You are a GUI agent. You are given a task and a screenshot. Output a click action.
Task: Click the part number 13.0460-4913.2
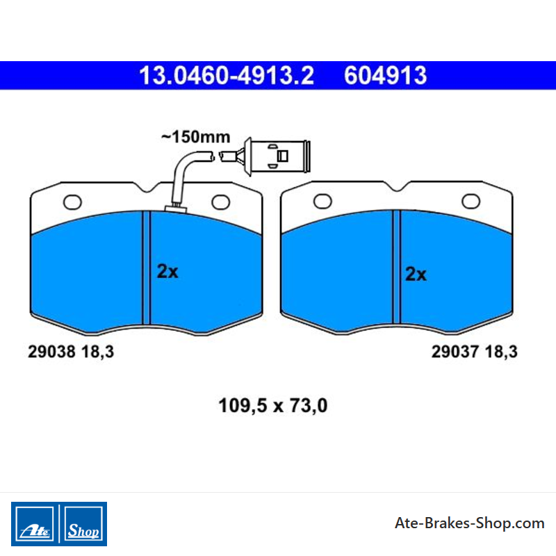(227, 75)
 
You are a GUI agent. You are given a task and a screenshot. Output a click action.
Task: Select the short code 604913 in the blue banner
(386, 75)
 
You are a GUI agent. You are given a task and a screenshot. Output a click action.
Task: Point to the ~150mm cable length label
(195, 137)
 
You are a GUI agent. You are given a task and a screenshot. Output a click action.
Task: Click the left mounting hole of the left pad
(72, 202)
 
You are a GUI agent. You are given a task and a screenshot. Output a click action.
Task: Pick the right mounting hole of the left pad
(220, 202)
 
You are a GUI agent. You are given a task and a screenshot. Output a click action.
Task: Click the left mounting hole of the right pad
(322, 202)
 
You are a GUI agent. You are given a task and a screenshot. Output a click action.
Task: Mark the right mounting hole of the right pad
(471, 202)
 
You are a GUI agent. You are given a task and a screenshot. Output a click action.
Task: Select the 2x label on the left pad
(167, 271)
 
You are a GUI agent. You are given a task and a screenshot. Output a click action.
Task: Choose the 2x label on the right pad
(416, 274)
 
